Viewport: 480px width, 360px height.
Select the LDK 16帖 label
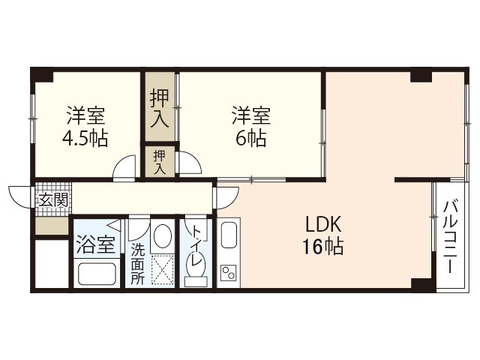[323, 235]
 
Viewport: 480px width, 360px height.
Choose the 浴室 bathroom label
[96, 244]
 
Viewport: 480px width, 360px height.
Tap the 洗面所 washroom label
[138, 262]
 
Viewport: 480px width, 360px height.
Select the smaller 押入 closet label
[159, 161]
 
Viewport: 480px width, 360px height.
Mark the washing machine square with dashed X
[161, 268]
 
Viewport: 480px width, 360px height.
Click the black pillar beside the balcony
[422, 285]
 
